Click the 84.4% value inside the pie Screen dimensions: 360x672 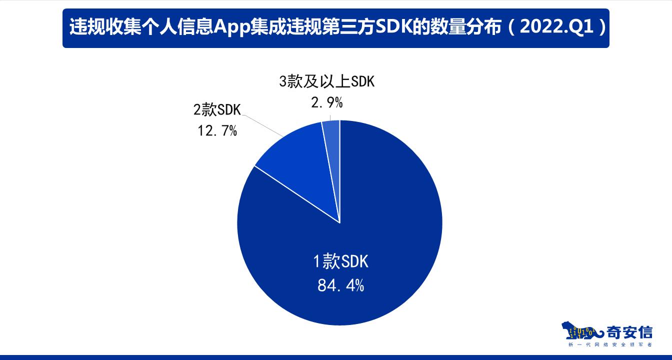[x=340, y=285]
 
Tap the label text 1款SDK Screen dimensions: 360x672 [x=340, y=261]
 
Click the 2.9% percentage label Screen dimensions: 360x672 [x=326, y=103]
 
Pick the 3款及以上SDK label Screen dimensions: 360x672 [x=326, y=81]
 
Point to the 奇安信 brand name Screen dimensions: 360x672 [x=629, y=331]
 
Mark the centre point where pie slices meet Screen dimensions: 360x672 [x=340, y=223]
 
